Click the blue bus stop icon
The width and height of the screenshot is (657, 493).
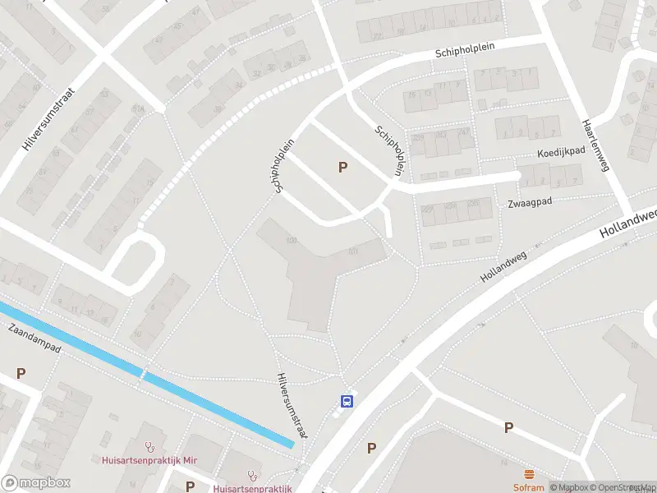347,401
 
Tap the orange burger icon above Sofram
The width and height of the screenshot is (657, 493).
529,474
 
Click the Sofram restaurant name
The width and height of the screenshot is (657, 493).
529,486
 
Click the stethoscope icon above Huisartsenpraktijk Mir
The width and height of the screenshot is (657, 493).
149,448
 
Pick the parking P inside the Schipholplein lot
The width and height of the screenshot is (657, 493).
342,168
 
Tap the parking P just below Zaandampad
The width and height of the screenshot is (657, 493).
21,373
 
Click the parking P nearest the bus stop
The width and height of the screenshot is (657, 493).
371,448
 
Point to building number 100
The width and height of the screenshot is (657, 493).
291,240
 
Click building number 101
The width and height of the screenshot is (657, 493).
353,251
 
